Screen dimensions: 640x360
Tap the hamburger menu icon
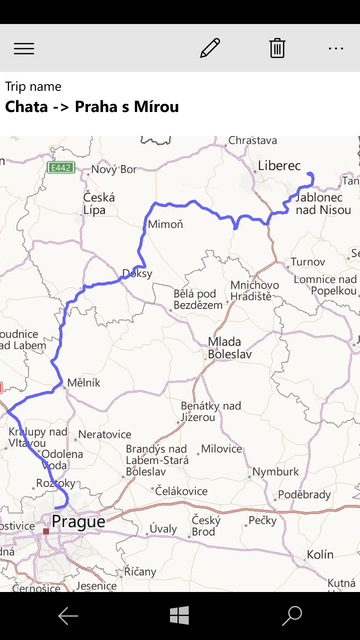tap(24, 48)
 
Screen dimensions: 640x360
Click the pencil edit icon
tap(210, 48)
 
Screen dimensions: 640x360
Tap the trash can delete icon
tap(277, 48)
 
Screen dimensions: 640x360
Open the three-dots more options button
tap(336, 48)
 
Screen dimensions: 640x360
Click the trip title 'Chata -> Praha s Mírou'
tap(92, 107)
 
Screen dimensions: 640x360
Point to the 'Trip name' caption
tap(33, 86)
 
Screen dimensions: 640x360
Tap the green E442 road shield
tap(60, 167)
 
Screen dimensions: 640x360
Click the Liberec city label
tap(279, 165)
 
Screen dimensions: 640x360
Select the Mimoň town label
tap(165, 224)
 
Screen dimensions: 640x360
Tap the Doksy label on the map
tap(137, 274)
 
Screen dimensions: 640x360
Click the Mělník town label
tap(84, 383)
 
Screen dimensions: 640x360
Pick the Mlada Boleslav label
tap(230, 348)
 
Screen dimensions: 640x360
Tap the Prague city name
tap(78, 522)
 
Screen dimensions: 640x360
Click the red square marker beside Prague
tap(46, 531)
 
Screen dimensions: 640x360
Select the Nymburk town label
tap(275, 471)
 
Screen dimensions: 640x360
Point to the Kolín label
tap(320, 554)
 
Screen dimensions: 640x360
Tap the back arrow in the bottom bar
tap(68, 616)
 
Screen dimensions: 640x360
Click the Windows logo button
tap(179, 615)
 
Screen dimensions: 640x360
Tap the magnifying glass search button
tap(292, 615)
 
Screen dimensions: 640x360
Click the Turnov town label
tap(308, 261)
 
